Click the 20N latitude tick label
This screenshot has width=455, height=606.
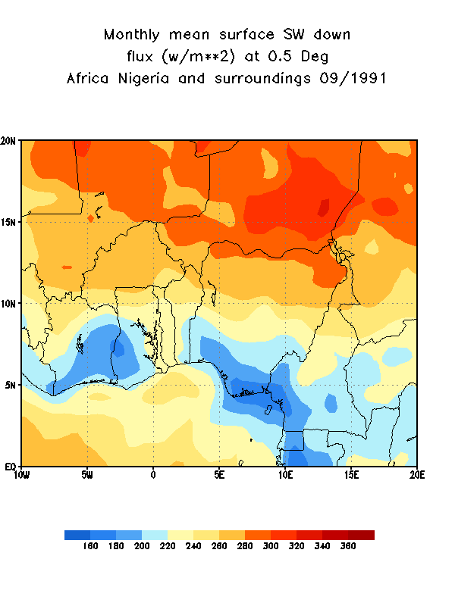point(10,141)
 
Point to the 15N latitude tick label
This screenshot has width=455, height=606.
point(10,222)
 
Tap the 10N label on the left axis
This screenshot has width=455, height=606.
point(10,303)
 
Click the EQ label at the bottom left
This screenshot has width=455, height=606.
point(11,466)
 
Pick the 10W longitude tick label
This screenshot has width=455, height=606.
point(21,475)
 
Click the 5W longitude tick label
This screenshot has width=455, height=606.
point(87,475)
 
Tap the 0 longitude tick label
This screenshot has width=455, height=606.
point(153,475)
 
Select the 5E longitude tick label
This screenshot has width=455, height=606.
point(219,475)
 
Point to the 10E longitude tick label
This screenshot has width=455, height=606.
point(285,475)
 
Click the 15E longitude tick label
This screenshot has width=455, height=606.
point(351,475)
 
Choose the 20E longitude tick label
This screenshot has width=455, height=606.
point(416,475)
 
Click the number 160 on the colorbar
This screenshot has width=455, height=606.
point(90,546)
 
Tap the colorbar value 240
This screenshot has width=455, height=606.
point(193,546)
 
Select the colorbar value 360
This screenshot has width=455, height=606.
point(348,546)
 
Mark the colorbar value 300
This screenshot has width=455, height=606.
point(271,546)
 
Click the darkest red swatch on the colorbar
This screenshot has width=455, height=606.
point(361,535)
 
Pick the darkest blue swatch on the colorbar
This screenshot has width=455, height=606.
point(77,535)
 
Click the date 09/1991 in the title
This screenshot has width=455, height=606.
point(350,78)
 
